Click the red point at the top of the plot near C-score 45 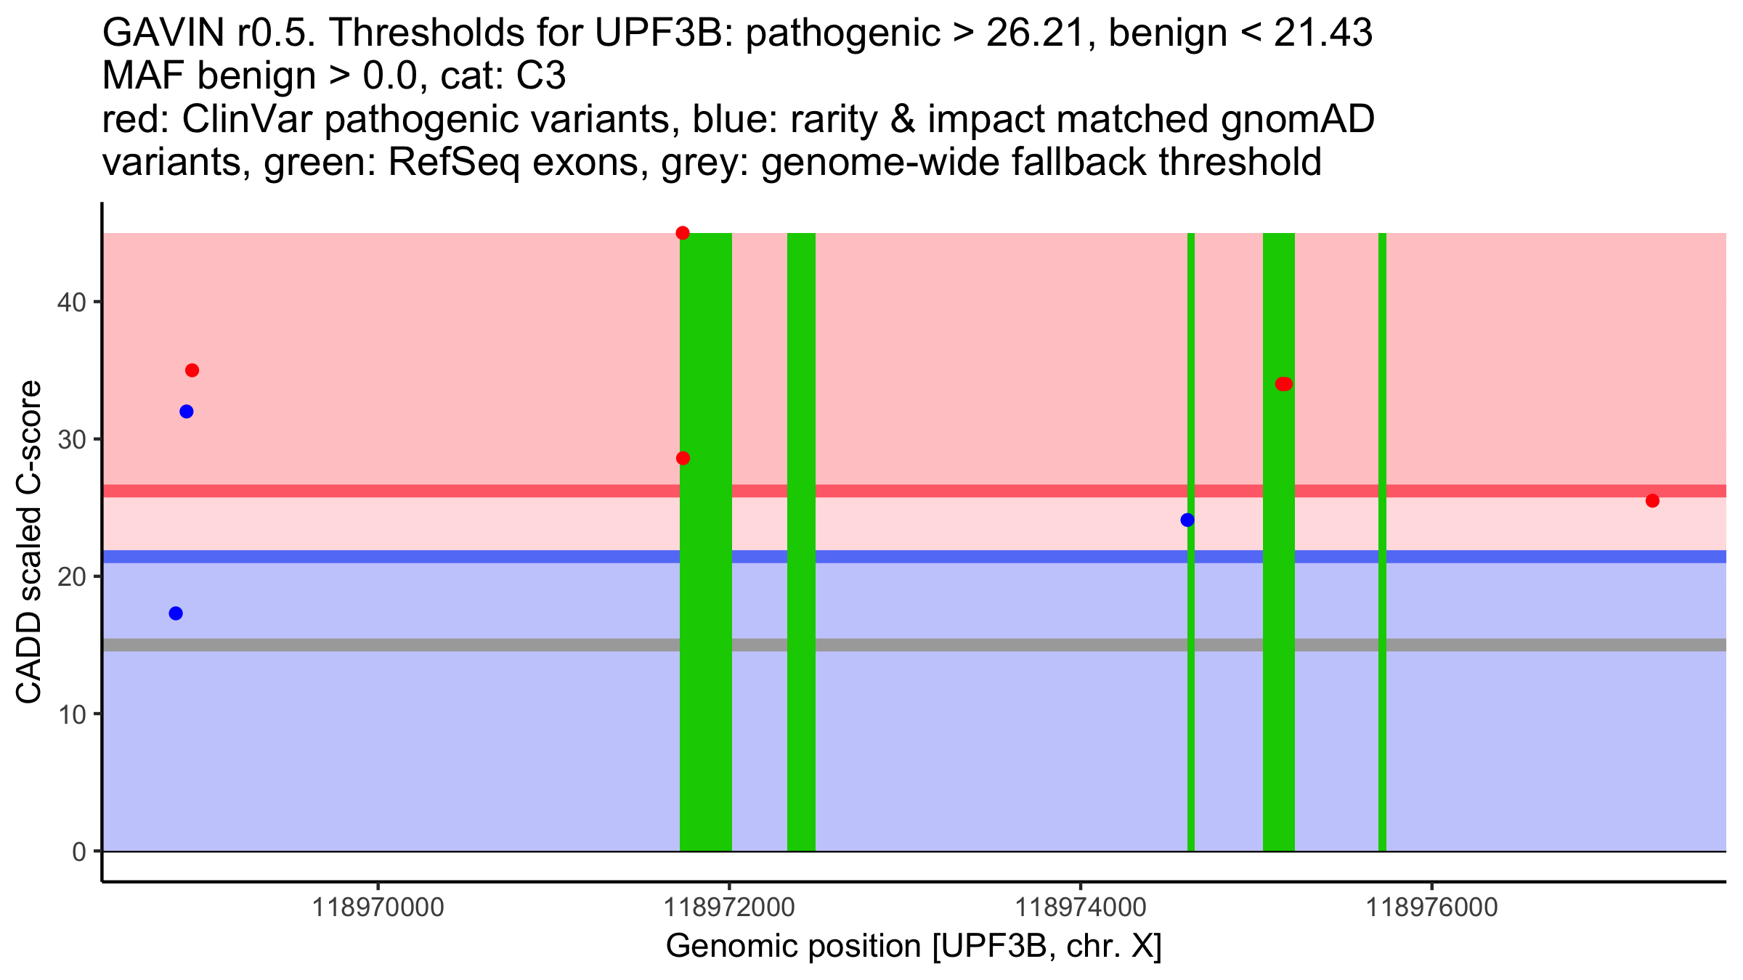pyautogui.click(x=683, y=233)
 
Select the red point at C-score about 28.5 pyautogui.click(x=683, y=458)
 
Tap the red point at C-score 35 pyautogui.click(x=192, y=370)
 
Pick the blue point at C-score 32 pyautogui.click(x=187, y=412)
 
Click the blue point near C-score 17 pyautogui.click(x=176, y=613)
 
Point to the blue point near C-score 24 pyautogui.click(x=1187, y=520)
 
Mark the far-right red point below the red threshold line pyautogui.click(x=1652, y=501)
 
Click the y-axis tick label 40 pyautogui.click(x=71, y=302)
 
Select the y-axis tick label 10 pyautogui.click(x=71, y=714)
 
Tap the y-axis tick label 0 pyautogui.click(x=78, y=852)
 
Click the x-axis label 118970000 pyautogui.click(x=378, y=907)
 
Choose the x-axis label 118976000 pyautogui.click(x=1432, y=907)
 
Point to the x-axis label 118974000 pyautogui.click(x=1081, y=907)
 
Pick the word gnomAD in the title pyautogui.click(x=1297, y=120)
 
